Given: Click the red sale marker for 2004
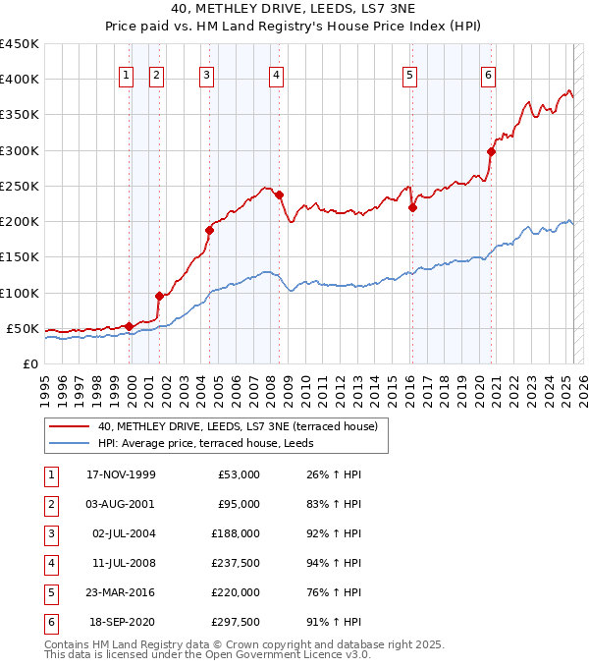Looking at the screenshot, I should tap(209, 230).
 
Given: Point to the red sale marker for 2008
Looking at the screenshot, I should tap(280, 195).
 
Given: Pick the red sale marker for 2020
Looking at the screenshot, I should tap(492, 151).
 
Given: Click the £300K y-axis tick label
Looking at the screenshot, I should tap(19, 150).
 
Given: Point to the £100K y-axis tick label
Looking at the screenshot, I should tap(19, 293).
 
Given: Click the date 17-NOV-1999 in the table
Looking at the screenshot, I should tap(121, 474).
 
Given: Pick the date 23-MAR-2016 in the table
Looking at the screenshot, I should tap(121, 592).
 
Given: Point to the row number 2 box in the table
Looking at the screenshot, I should tap(50, 504).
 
